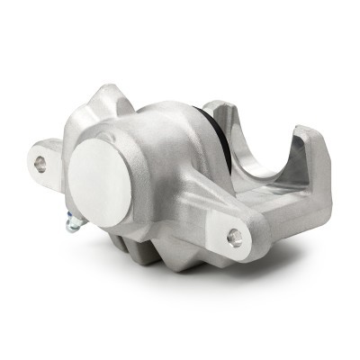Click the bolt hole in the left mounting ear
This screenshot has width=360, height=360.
click(x=40, y=163)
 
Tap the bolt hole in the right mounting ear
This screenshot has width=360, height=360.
click(x=236, y=237)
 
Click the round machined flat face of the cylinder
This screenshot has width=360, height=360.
click(x=99, y=185)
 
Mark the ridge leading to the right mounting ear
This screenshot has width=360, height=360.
click(x=198, y=202)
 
